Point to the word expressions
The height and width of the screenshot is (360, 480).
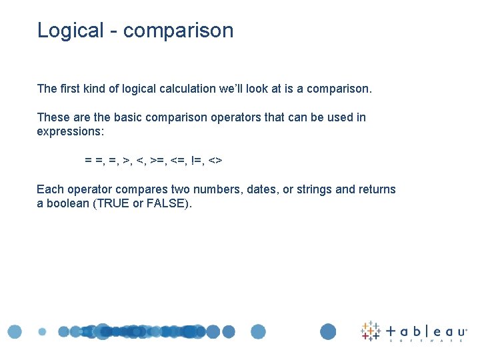pos(70,131)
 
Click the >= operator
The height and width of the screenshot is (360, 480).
pos(158,161)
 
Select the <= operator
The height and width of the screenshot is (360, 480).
pos(179,161)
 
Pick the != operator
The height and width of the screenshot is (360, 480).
pos(197,161)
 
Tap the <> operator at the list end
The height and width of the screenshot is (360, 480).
pos(215,161)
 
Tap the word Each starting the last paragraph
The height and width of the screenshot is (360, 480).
pos(49,189)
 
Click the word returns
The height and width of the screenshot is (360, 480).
pos(377,189)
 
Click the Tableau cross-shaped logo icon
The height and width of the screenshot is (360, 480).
pos(371,331)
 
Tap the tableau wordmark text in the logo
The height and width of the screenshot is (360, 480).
pos(427,331)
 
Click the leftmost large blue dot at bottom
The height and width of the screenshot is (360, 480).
pos(15,331)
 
